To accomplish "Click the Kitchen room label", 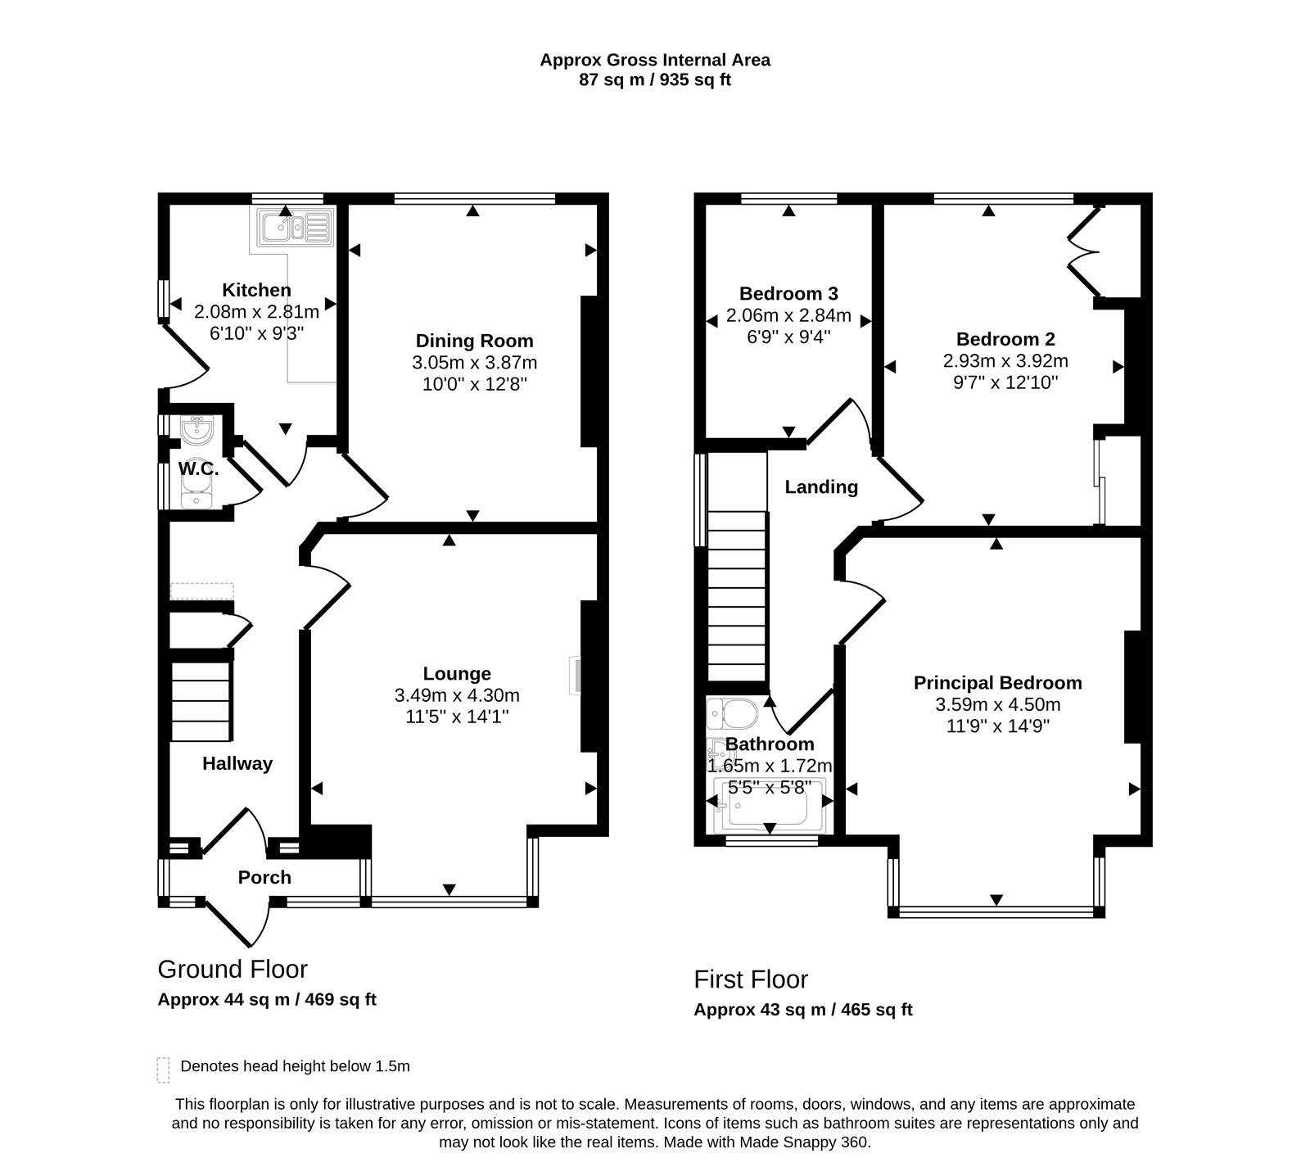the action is [x=256, y=290].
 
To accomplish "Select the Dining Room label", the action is [x=474, y=341].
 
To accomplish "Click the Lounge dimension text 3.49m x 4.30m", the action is [x=457, y=695].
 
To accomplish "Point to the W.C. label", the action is [x=198, y=469].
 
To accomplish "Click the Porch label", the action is [x=264, y=877].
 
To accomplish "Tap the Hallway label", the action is [x=237, y=763].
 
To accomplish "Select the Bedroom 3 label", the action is [x=788, y=293].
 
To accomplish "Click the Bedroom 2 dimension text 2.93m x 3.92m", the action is [x=1005, y=360].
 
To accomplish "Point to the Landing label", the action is [x=821, y=487].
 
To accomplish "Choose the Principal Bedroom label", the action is [x=997, y=683].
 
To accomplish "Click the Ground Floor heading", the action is [x=233, y=970].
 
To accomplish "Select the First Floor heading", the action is [x=751, y=979].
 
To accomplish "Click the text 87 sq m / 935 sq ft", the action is [x=655, y=80].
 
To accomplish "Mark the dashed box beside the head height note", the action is [x=163, y=1070].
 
